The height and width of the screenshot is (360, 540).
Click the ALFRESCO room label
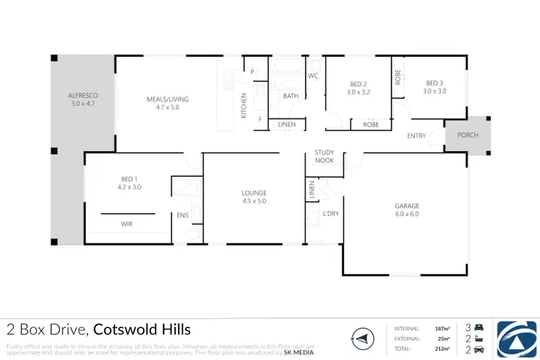click(83, 95)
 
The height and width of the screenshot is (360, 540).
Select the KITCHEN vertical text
click(244, 107)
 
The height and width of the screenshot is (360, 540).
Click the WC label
click(313, 76)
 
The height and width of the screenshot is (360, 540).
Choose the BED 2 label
click(358, 84)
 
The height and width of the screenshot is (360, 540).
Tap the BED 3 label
click(434, 83)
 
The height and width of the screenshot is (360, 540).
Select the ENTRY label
click(416, 135)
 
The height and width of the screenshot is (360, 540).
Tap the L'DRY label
click(330, 213)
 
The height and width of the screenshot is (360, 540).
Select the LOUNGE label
click(254, 192)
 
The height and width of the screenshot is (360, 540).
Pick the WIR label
click(126, 224)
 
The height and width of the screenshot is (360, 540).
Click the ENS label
click(183, 215)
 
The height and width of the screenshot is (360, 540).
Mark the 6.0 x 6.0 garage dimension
click(407, 214)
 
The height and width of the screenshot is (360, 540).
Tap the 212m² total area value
click(443, 348)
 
